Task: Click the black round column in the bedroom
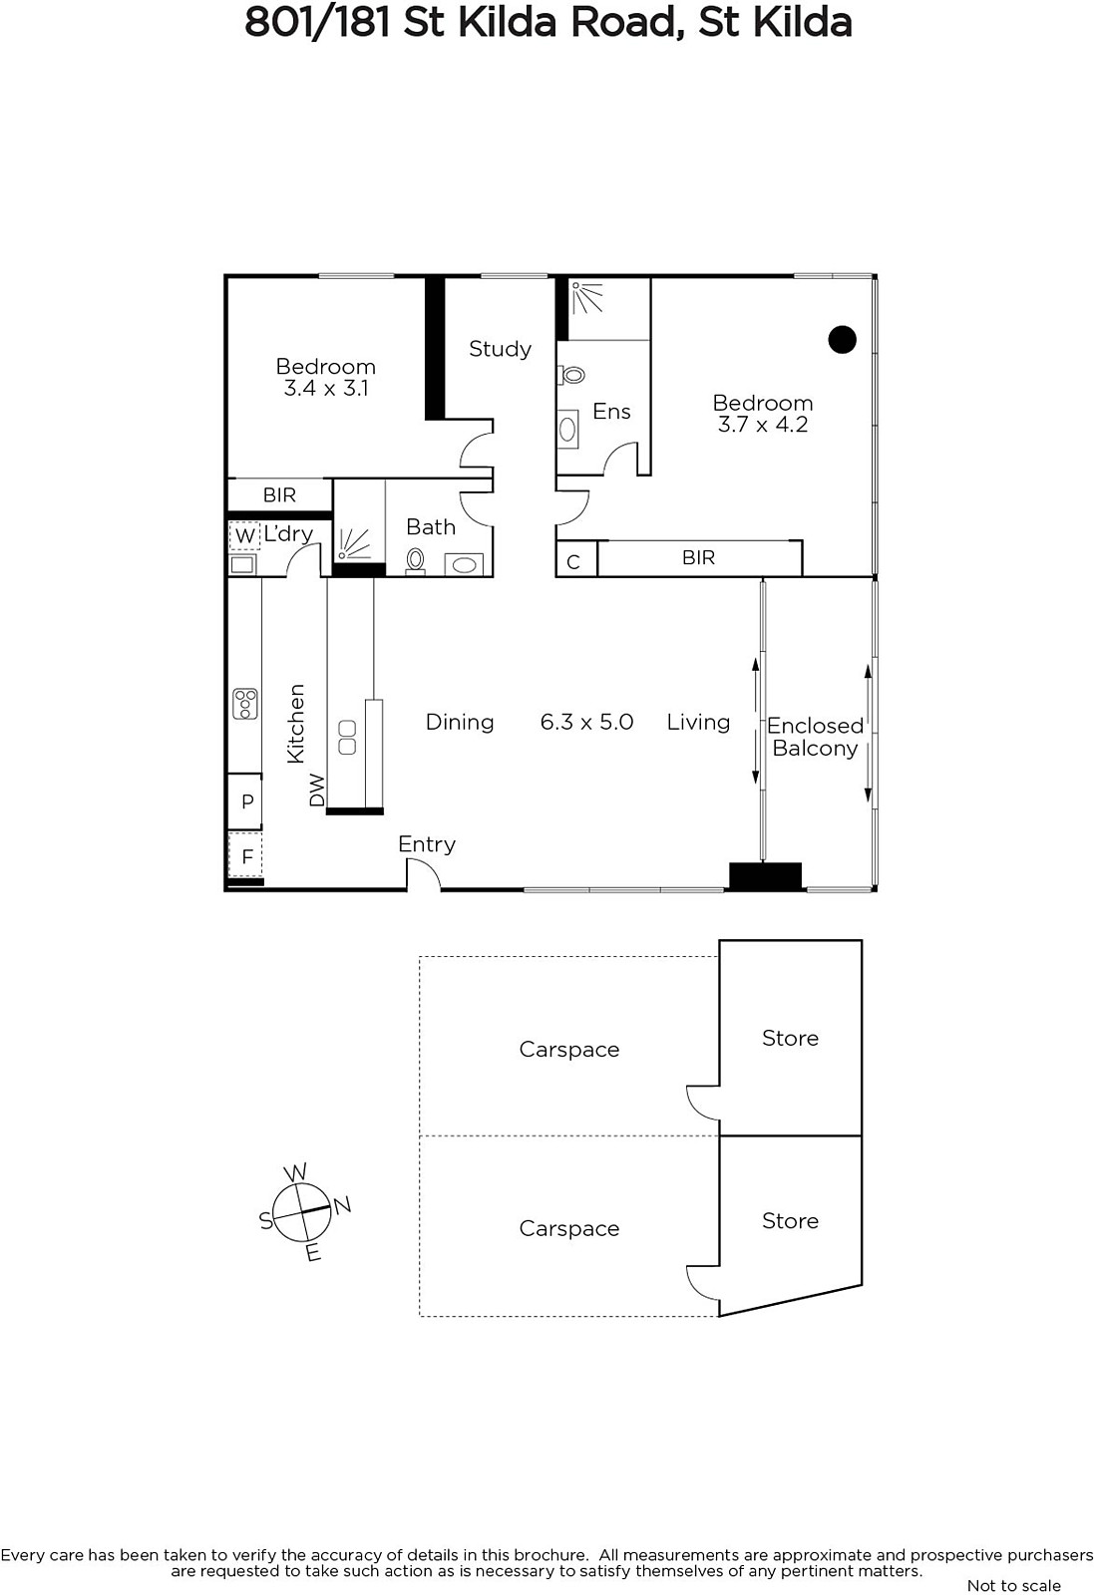point(842,340)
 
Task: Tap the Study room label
point(500,349)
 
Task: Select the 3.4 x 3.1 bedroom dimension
point(325,388)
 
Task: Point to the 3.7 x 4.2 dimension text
point(763,425)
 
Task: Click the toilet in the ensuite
point(570,374)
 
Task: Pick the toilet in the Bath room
point(415,560)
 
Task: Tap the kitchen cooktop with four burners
point(245,704)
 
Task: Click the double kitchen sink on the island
point(347,737)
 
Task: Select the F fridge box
point(245,854)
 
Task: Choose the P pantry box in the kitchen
point(245,801)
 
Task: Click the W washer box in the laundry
point(243,535)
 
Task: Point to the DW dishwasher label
point(317,791)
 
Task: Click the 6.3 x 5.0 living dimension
point(586,722)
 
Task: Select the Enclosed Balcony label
point(815,737)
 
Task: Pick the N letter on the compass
point(343,1205)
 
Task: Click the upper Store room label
point(790,1038)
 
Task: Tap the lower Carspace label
point(569,1229)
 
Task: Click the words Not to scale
point(1013,1585)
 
